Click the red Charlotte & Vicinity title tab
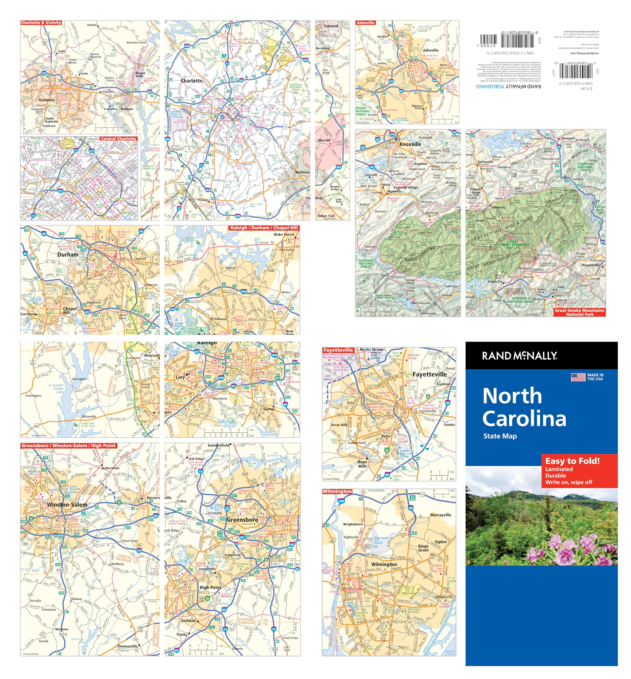point(41,23)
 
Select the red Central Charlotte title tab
point(118,139)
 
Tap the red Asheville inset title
point(365,23)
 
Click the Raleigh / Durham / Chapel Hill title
point(263,228)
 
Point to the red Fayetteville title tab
point(338,350)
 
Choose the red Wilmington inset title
point(337,491)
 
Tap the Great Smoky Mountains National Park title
point(579,312)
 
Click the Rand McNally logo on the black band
point(519,356)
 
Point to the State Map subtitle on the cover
point(500,436)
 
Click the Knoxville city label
point(410,144)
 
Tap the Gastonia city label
point(46,100)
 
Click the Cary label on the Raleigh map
point(180,377)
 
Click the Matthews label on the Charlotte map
point(302,172)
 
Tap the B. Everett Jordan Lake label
point(56,388)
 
